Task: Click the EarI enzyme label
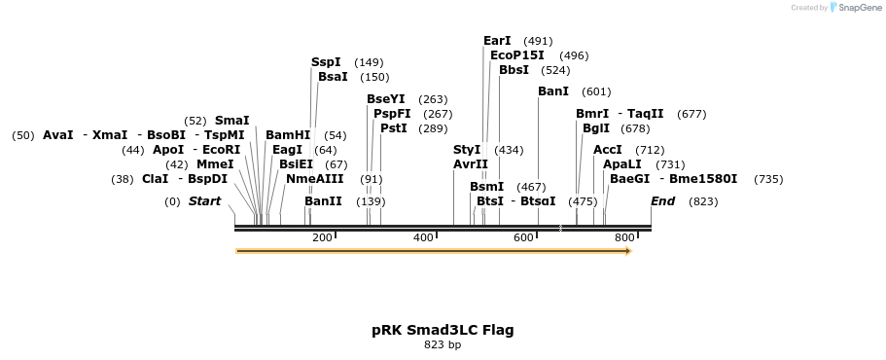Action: (497, 41)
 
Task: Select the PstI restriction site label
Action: (394, 128)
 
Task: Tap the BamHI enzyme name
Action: (288, 135)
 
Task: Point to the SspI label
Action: (326, 62)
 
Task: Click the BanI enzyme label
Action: (553, 91)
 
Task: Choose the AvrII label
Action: (471, 164)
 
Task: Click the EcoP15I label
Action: (517, 55)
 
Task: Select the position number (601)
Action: (596, 91)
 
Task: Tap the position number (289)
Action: (433, 128)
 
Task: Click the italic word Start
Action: (204, 201)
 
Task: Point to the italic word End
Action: (663, 201)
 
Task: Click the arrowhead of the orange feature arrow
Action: (628, 251)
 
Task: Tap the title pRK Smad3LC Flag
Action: (443, 330)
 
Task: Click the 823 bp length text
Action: (443, 344)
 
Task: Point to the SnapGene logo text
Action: (861, 8)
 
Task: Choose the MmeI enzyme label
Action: (215, 164)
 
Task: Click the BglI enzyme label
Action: (596, 128)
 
